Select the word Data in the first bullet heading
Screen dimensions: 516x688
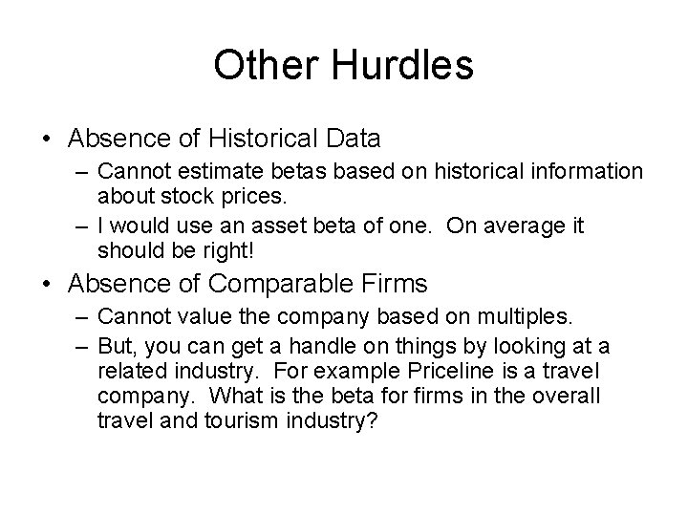coord(351,140)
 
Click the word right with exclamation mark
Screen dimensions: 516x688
coord(228,250)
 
